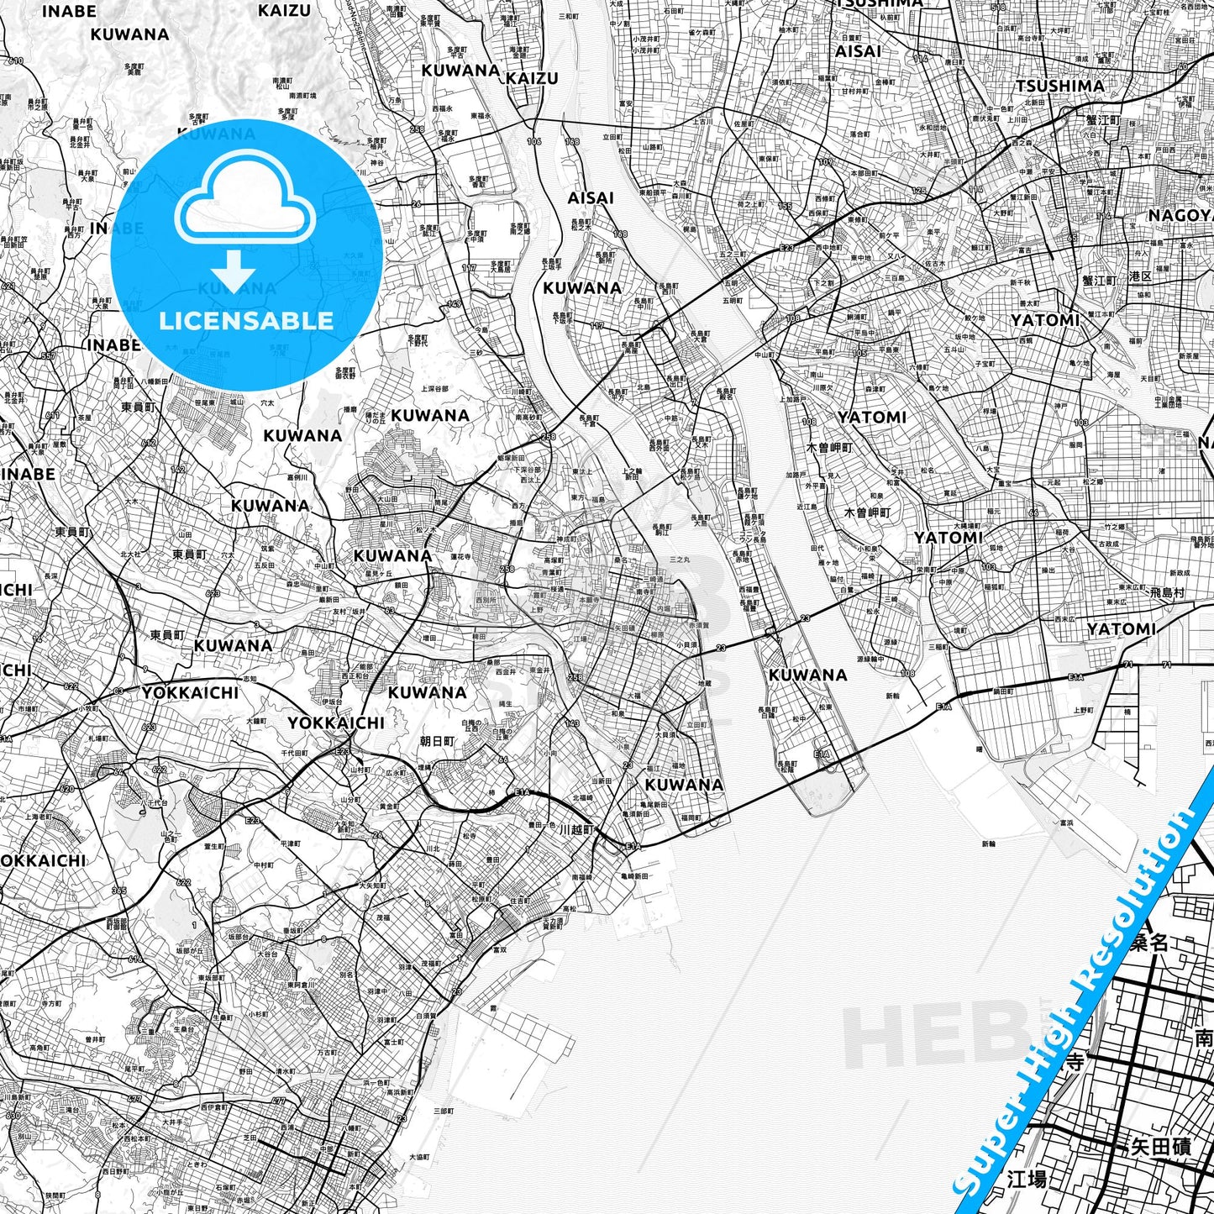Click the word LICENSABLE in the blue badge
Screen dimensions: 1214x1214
pos(246,320)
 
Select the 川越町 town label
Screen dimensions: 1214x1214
pos(576,828)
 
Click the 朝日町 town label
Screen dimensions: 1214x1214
pos(437,741)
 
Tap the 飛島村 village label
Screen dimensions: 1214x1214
pos(1167,592)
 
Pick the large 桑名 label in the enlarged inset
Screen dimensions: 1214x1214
pos(1148,943)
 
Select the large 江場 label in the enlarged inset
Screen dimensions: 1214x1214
pos(1027,1179)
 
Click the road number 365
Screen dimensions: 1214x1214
pos(118,891)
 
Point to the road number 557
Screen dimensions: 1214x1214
pos(48,355)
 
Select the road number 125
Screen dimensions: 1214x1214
pos(919,192)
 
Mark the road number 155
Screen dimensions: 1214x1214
pos(785,207)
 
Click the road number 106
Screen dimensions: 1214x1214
pos(534,141)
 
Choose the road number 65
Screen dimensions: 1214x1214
pos(1072,238)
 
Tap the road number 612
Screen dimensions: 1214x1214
pos(149,443)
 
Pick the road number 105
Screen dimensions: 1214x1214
pos(859,354)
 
